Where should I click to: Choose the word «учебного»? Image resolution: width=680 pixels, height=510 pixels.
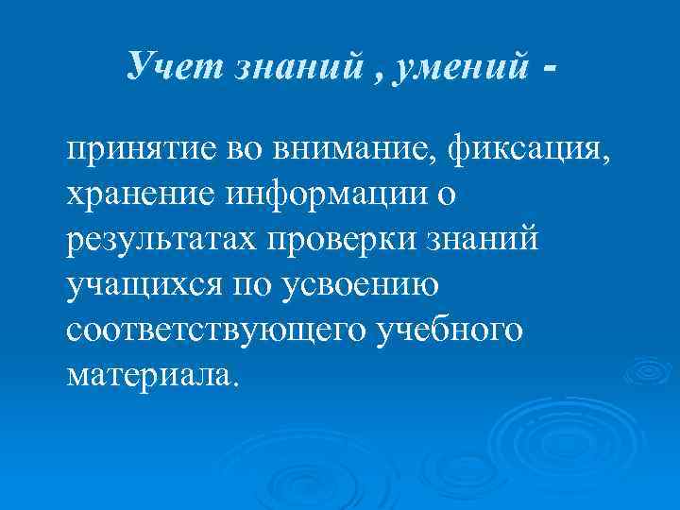[449, 331]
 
